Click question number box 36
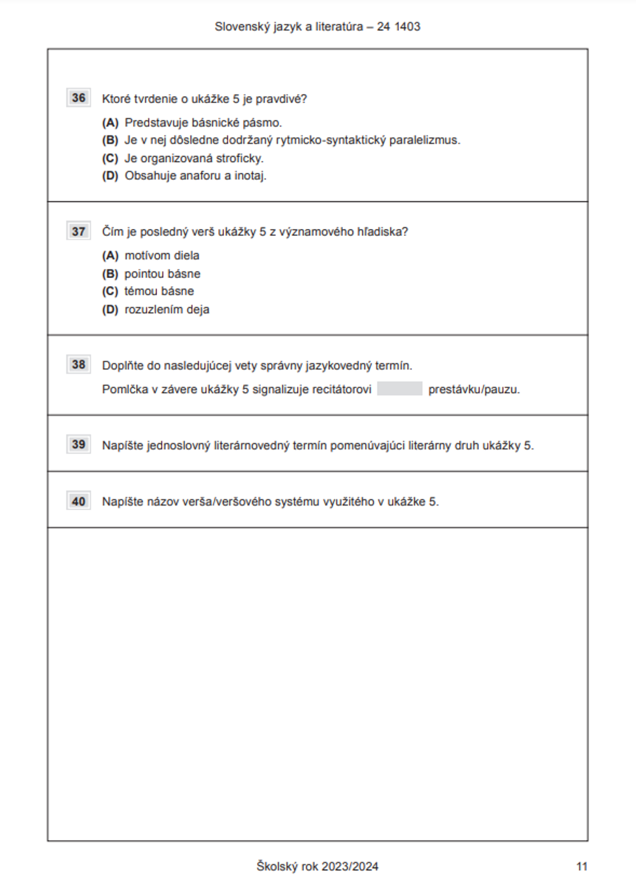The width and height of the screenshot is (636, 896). click(79, 98)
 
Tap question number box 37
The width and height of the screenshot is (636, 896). click(79, 231)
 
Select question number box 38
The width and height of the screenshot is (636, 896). click(79, 364)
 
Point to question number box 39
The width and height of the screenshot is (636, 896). click(79, 445)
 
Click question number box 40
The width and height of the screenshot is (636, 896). click(79, 501)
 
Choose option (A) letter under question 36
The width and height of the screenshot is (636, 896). click(110, 123)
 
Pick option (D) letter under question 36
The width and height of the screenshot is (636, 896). click(110, 176)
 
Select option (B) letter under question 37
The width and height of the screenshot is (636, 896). click(110, 274)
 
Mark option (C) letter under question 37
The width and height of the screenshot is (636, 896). click(110, 291)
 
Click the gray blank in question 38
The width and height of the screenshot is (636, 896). click(399, 389)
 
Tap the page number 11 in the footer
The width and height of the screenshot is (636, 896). click(581, 866)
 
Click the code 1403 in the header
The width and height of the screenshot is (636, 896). click(407, 27)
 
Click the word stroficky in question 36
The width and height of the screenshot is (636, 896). click(239, 158)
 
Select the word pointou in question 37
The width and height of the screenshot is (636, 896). click(144, 274)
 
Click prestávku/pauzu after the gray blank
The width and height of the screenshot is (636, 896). click(474, 389)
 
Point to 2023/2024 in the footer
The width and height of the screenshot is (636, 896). click(350, 866)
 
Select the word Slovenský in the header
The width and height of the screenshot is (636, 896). click(239, 27)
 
